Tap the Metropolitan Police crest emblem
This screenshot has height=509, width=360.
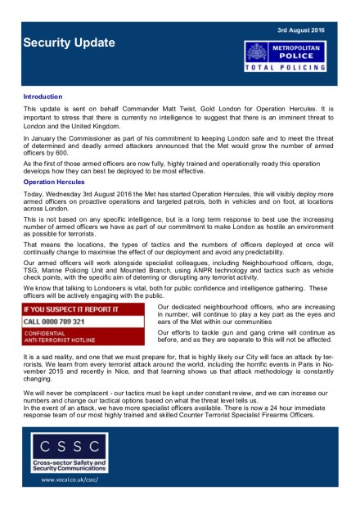[258, 54]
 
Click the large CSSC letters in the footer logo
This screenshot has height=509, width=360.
[70, 448]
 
